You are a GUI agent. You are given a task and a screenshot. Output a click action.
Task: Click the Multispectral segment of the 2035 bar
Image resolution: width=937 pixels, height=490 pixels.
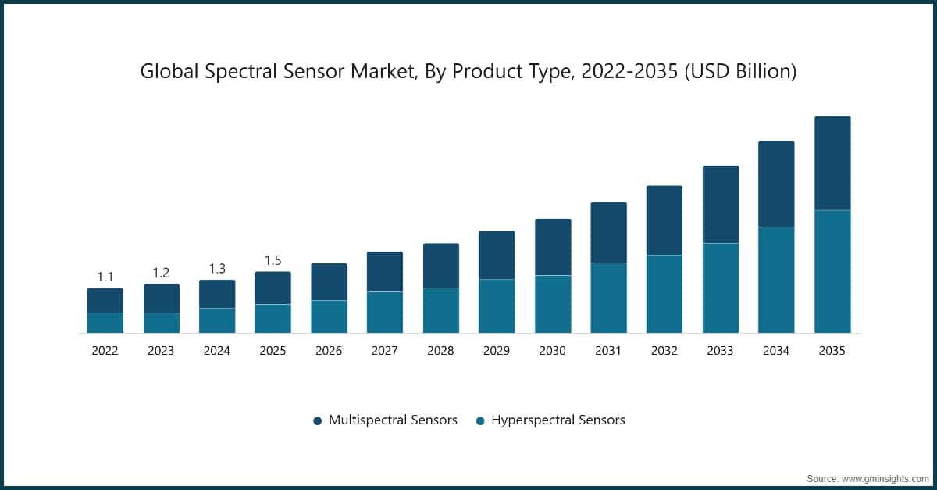(x=832, y=163)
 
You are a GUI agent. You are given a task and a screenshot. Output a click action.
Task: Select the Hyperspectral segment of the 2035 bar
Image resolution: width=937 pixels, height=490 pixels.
(x=832, y=271)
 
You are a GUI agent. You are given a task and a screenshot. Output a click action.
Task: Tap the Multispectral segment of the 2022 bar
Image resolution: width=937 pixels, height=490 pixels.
(x=105, y=301)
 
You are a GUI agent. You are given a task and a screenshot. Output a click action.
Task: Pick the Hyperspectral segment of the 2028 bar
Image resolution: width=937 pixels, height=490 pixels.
(x=441, y=310)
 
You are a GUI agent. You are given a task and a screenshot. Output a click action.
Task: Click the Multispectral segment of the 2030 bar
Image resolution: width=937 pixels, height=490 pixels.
(x=553, y=247)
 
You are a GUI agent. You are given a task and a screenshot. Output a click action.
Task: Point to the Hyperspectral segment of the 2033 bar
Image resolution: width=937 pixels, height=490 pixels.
(x=721, y=288)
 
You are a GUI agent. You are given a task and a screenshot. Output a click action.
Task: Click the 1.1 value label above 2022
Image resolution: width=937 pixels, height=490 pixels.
(x=105, y=277)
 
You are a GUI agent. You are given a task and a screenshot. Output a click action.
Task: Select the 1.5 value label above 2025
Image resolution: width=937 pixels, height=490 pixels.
(x=273, y=260)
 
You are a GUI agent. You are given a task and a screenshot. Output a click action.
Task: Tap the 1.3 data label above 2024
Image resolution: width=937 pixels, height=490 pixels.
(x=217, y=269)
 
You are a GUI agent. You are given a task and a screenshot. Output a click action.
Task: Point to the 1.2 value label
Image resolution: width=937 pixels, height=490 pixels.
(x=161, y=273)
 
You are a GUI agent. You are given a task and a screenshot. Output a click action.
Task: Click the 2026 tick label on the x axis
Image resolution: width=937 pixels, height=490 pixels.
(x=329, y=351)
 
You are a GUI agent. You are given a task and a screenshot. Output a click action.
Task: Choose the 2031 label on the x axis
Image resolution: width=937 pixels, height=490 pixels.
(x=608, y=351)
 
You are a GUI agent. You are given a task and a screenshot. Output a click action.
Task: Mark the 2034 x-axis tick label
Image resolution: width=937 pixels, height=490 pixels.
(x=776, y=351)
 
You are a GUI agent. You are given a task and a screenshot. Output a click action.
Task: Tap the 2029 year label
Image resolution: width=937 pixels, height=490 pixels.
(x=497, y=351)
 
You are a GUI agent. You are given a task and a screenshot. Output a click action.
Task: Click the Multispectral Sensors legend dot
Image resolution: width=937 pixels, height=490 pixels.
(x=318, y=420)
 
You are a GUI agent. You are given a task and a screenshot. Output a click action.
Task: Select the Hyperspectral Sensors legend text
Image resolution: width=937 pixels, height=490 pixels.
(x=558, y=420)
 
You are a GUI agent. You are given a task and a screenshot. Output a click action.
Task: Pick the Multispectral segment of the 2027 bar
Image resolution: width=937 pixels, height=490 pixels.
(x=385, y=272)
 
